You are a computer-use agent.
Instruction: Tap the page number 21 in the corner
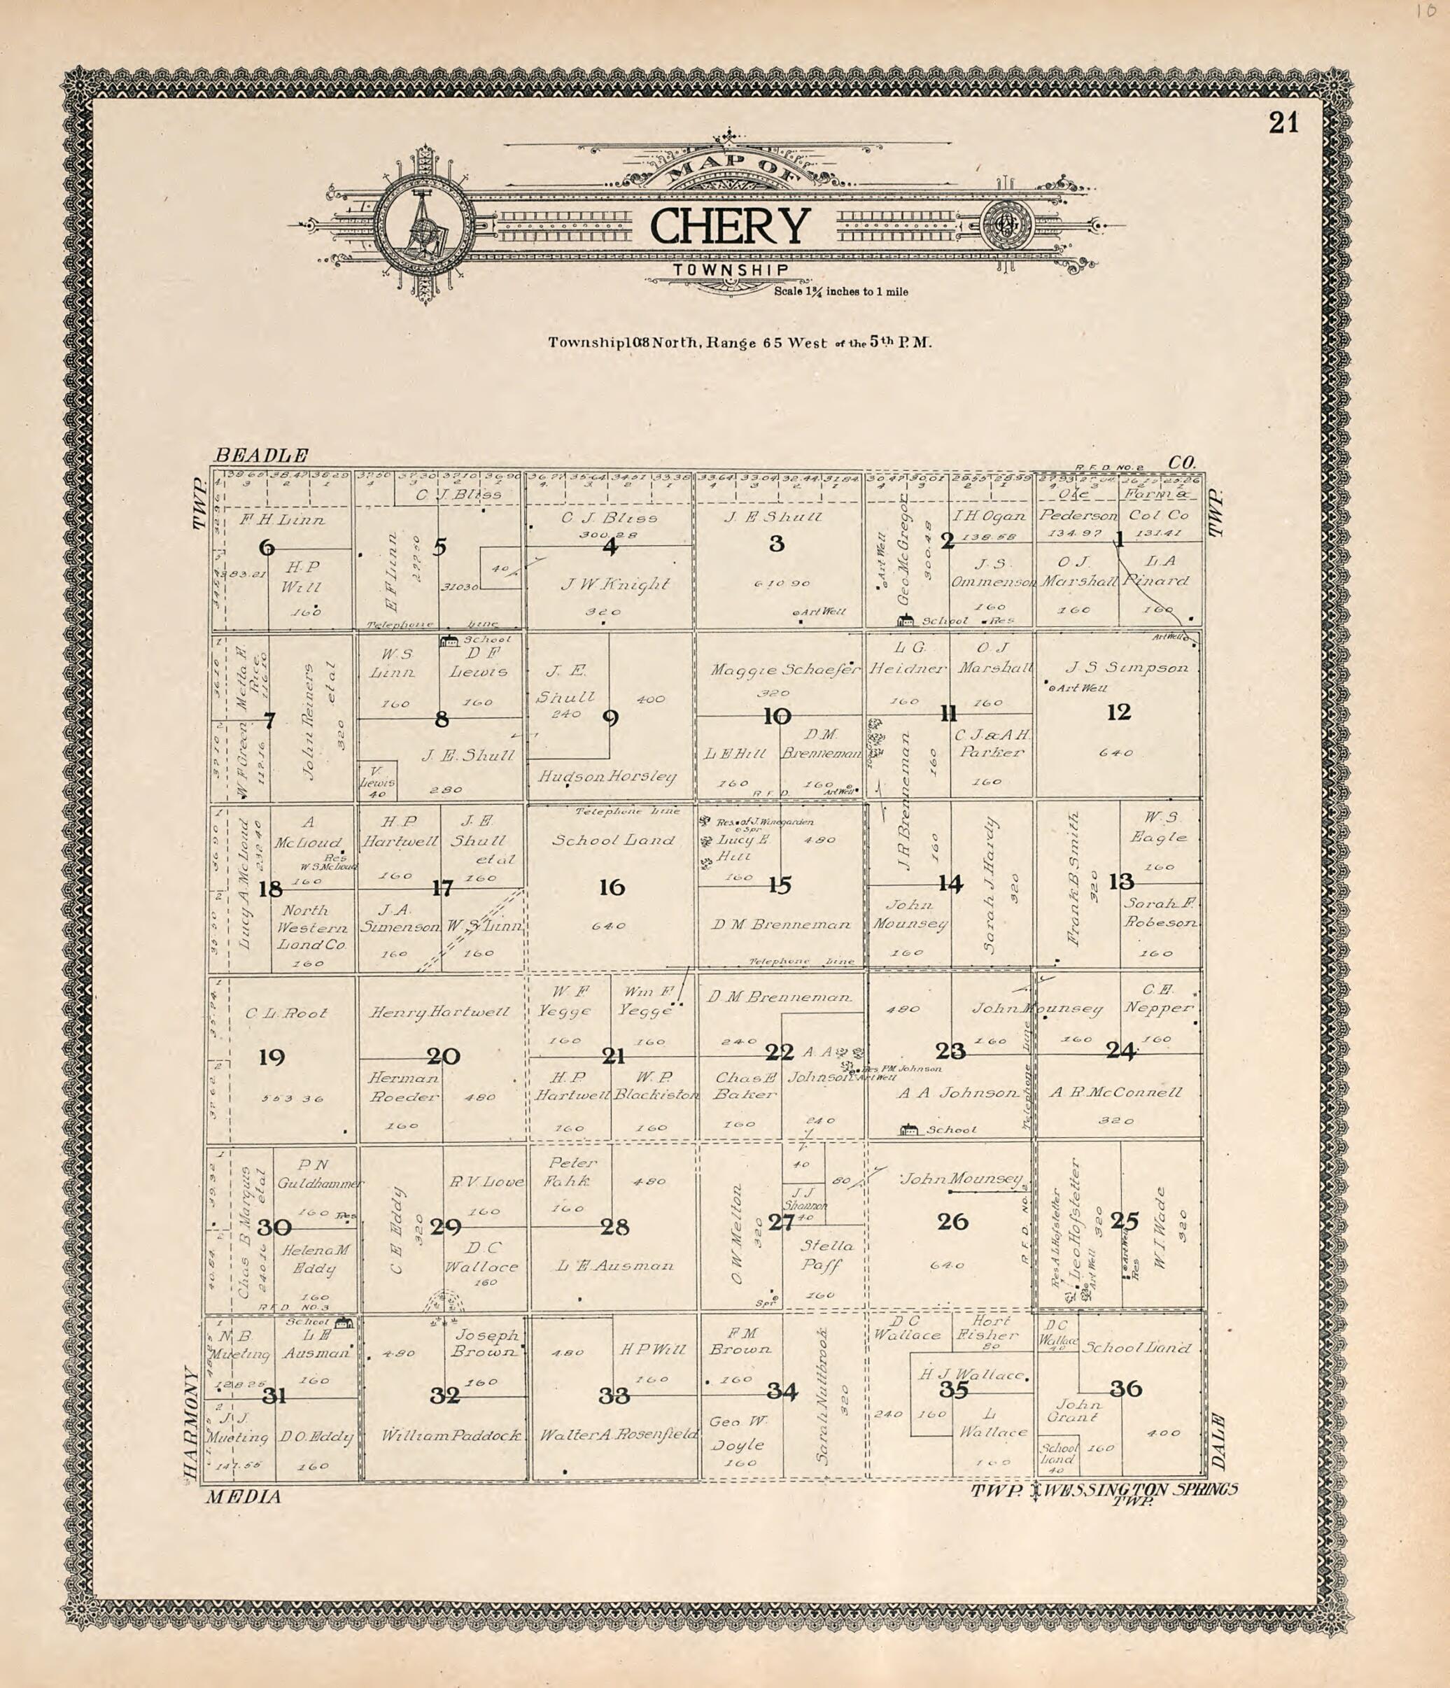point(1283,123)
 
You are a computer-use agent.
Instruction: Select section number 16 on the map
point(612,887)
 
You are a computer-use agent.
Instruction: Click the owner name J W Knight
point(615,584)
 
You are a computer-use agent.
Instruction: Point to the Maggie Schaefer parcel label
point(784,670)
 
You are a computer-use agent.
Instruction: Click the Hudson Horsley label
point(607,776)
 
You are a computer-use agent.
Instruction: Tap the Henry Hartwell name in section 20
point(440,1012)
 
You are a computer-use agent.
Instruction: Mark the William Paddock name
point(452,1435)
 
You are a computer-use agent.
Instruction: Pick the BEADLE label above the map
point(262,456)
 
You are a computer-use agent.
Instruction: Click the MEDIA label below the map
point(243,1496)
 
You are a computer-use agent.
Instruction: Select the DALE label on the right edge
point(1218,1441)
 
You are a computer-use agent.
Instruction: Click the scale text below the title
point(840,292)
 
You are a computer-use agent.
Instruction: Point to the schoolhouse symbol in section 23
point(908,1129)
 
